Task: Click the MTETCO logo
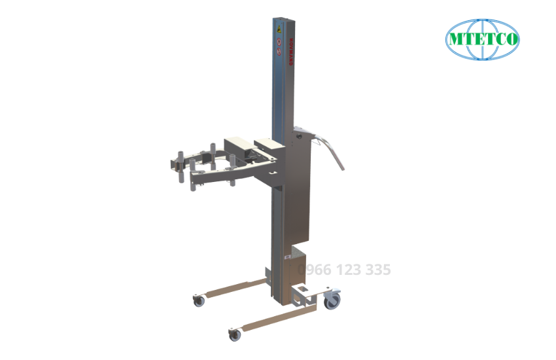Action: click(482, 39)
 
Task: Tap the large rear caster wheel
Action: click(332, 300)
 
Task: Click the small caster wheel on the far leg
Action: click(198, 301)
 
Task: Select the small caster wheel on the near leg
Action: click(234, 334)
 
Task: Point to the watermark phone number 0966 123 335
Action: click(345, 269)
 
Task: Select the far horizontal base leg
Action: click(230, 288)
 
